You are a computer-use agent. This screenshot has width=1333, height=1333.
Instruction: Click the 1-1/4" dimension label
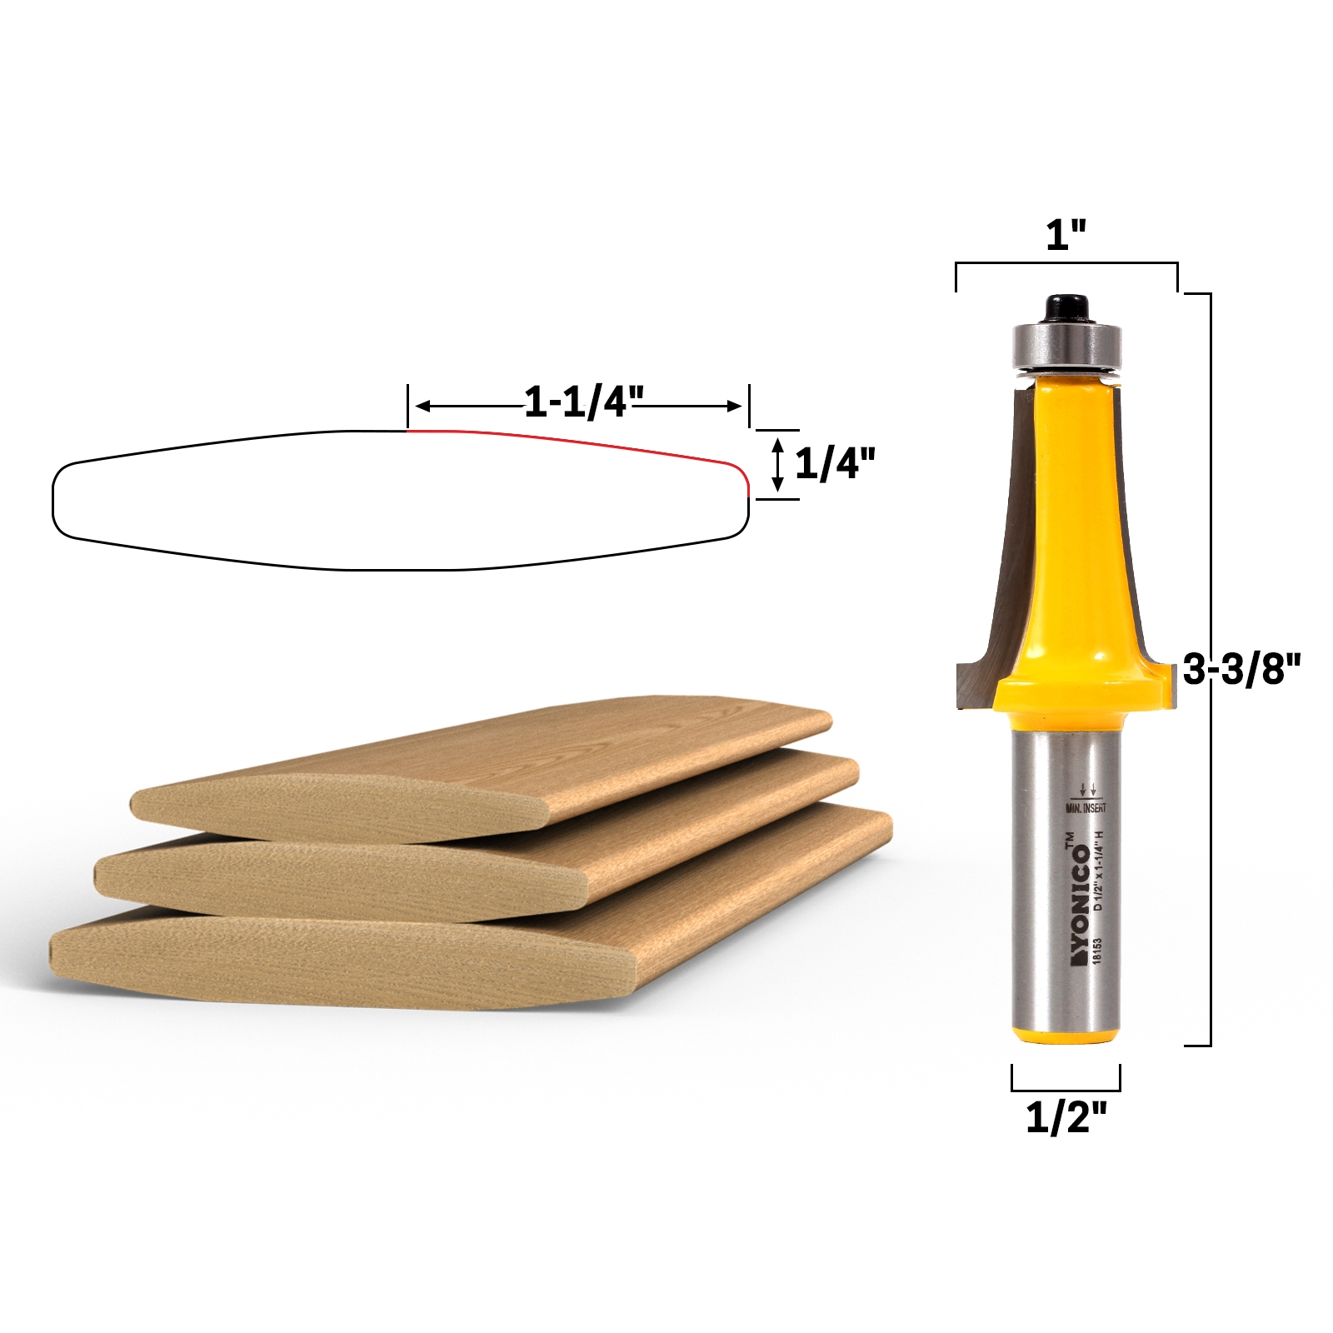(x=583, y=402)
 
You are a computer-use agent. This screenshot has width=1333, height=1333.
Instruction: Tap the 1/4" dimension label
(x=835, y=463)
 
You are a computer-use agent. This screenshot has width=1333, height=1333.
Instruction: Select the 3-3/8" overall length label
(x=1241, y=669)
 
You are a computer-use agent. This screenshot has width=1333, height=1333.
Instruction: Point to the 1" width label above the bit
(x=1066, y=236)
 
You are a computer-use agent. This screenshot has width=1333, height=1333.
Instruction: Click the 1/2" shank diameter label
(x=1066, y=1116)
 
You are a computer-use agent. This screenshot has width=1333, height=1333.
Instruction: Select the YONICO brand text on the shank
(x=1081, y=904)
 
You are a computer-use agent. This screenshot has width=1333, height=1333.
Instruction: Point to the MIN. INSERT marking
(x=1086, y=807)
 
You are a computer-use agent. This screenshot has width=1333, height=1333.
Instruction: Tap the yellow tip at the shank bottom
(x=1066, y=1035)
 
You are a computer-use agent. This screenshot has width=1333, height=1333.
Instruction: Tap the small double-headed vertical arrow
(x=778, y=464)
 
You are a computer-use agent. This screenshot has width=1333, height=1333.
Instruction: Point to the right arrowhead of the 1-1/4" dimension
(x=734, y=407)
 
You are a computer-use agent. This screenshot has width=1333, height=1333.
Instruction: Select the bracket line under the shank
(x=1066, y=1089)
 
